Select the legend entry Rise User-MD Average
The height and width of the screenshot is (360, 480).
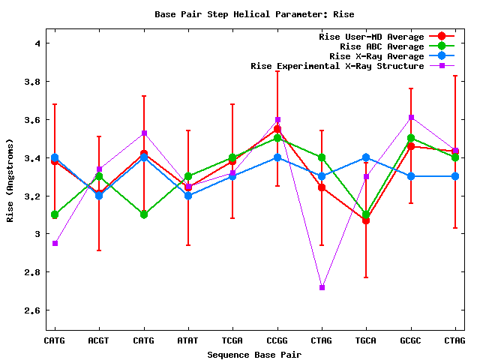tap(372, 37)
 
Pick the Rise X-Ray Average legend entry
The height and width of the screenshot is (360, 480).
tap(374, 56)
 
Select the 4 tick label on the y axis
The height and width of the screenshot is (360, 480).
tap(36, 43)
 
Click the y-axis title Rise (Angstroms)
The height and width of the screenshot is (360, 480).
tap(10, 179)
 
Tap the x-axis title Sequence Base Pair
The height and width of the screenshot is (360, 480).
tap(254, 354)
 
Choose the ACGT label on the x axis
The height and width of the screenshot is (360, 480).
tap(99, 341)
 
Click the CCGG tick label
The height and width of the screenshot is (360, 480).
tap(277, 341)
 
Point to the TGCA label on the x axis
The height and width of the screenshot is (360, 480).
tap(366, 341)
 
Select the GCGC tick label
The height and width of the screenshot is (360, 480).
tap(411, 341)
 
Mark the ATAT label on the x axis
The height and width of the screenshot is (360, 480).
tap(188, 341)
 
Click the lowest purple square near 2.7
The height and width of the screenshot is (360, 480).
tap(322, 287)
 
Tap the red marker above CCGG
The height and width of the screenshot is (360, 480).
tap(277, 129)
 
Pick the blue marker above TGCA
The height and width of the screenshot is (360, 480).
tap(366, 157)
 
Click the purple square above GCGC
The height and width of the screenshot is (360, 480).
tap(411, 117)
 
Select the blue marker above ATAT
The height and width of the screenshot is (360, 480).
tap(188, 196)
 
